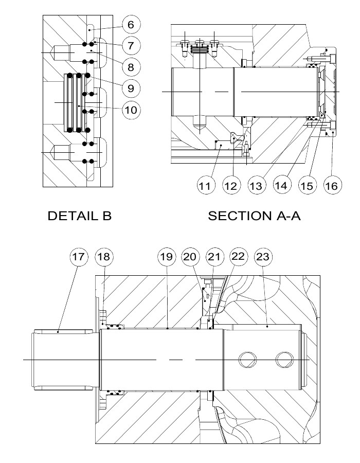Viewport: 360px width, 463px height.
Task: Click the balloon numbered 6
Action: point(131,25)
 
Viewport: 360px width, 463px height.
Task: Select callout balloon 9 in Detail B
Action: point(131,88)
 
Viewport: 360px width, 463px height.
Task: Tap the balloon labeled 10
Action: point(131,110)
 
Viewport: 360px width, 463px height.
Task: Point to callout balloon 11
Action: point(205,186)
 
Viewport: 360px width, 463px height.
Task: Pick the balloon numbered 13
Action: point(256,186)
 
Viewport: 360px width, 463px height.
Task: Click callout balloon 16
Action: point(332,186)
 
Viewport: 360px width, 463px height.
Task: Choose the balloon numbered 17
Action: point(79,257)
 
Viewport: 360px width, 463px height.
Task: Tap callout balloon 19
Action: point(167,257)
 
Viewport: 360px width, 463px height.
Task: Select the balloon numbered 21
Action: point(214,257)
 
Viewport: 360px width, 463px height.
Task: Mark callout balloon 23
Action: point(263,257)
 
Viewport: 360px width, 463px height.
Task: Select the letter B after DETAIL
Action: point(107,216)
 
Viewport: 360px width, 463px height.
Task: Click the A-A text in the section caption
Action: point(289,216)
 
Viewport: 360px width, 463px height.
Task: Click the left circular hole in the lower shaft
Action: point(247,360)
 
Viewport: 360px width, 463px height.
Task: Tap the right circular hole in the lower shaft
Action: point(285,360)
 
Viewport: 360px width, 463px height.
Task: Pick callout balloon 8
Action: point(131,67)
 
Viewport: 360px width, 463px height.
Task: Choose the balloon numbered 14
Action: point(281,185)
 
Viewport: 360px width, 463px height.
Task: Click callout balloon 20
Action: point(190,257)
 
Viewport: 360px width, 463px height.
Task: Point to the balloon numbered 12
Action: point(231,186)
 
